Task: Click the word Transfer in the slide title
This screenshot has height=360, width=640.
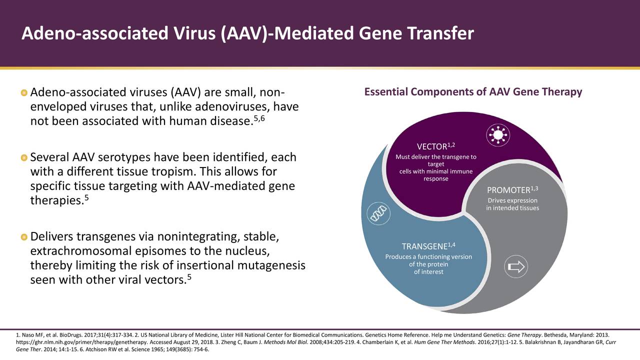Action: pos(440,33)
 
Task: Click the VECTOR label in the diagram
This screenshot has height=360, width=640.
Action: pos(433,146)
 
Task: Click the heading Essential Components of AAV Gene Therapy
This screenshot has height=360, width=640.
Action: pos(473,92)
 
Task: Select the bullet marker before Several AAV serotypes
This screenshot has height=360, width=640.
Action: pos(24,158)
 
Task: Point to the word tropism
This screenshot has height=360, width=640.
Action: pos(176,172)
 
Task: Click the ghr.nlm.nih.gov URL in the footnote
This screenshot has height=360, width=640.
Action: pos(70,342)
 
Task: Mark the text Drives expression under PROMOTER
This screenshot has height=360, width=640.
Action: pos(512,201)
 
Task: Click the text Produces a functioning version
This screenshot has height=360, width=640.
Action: pos(428,257)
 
